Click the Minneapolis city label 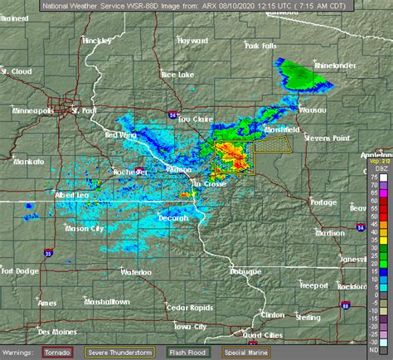(32, 110)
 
